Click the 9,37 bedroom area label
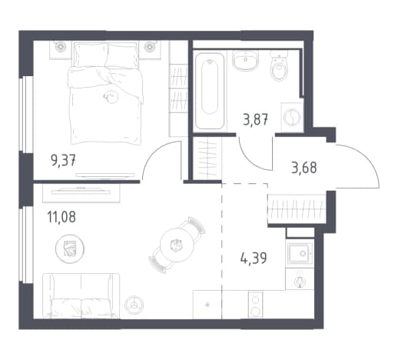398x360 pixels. tap(63, 161)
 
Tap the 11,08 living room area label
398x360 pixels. tap(61, 217)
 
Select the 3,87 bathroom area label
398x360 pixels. tap(256, 119)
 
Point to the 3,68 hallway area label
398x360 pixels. tap(304, 168)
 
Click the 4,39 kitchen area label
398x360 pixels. tap(254, 258)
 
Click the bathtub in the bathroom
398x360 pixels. tap(210, 91)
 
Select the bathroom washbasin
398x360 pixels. tap(245, 60)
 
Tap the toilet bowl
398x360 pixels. tap(279, 65)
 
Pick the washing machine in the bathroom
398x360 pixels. tap(292, 117)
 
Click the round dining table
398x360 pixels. tap(176, 245)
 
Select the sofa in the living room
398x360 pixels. tap(81, 296)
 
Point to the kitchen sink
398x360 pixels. tap(300, 254)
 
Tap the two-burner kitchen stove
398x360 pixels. tap(255, 305)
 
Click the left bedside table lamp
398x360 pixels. tap(61, 47)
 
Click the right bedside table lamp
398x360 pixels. tap(149, 47)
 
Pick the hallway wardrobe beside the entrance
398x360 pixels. tap(297, 209)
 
